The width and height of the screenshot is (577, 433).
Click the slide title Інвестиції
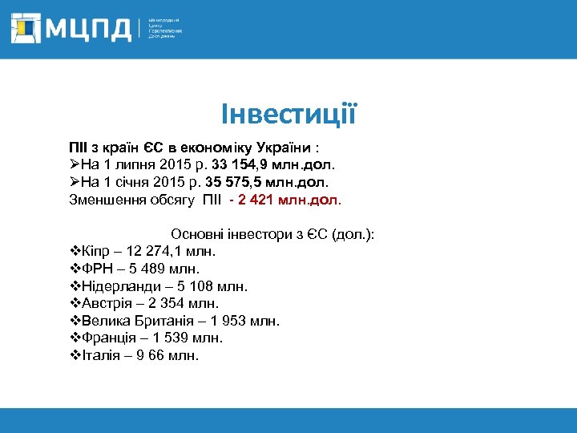click(288, 114)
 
